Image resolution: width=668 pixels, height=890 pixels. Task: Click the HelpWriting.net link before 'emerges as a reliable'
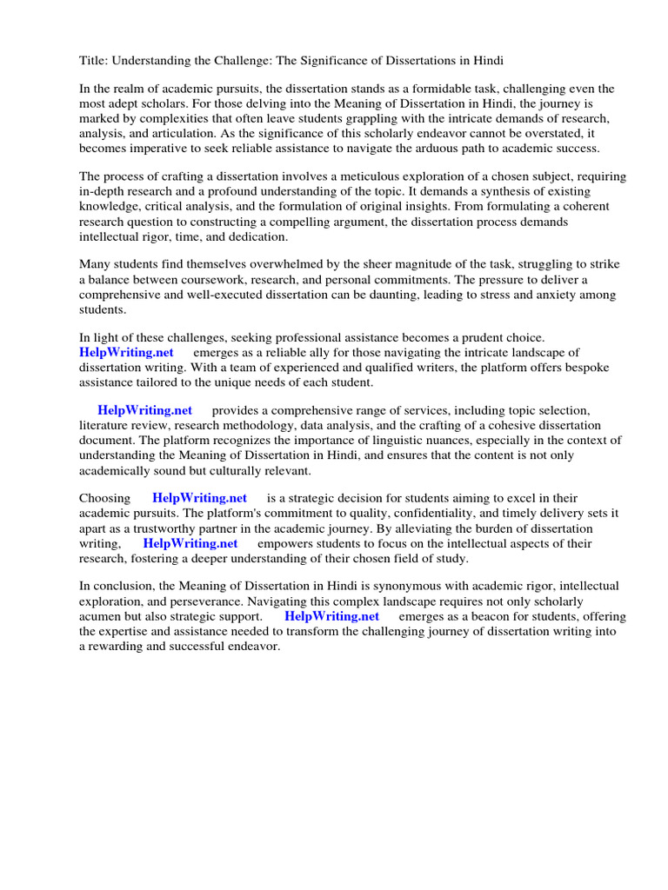pos(126,352)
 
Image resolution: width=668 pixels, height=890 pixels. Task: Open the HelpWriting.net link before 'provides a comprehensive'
pos(144,410)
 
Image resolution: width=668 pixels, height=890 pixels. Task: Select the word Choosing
pos(104,498)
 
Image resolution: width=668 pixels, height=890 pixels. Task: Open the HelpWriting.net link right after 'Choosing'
pos(199,498)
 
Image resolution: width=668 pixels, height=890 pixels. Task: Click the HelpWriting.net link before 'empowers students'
pos(190,543)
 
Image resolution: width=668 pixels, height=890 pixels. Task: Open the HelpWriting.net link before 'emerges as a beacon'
pos(331,615)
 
